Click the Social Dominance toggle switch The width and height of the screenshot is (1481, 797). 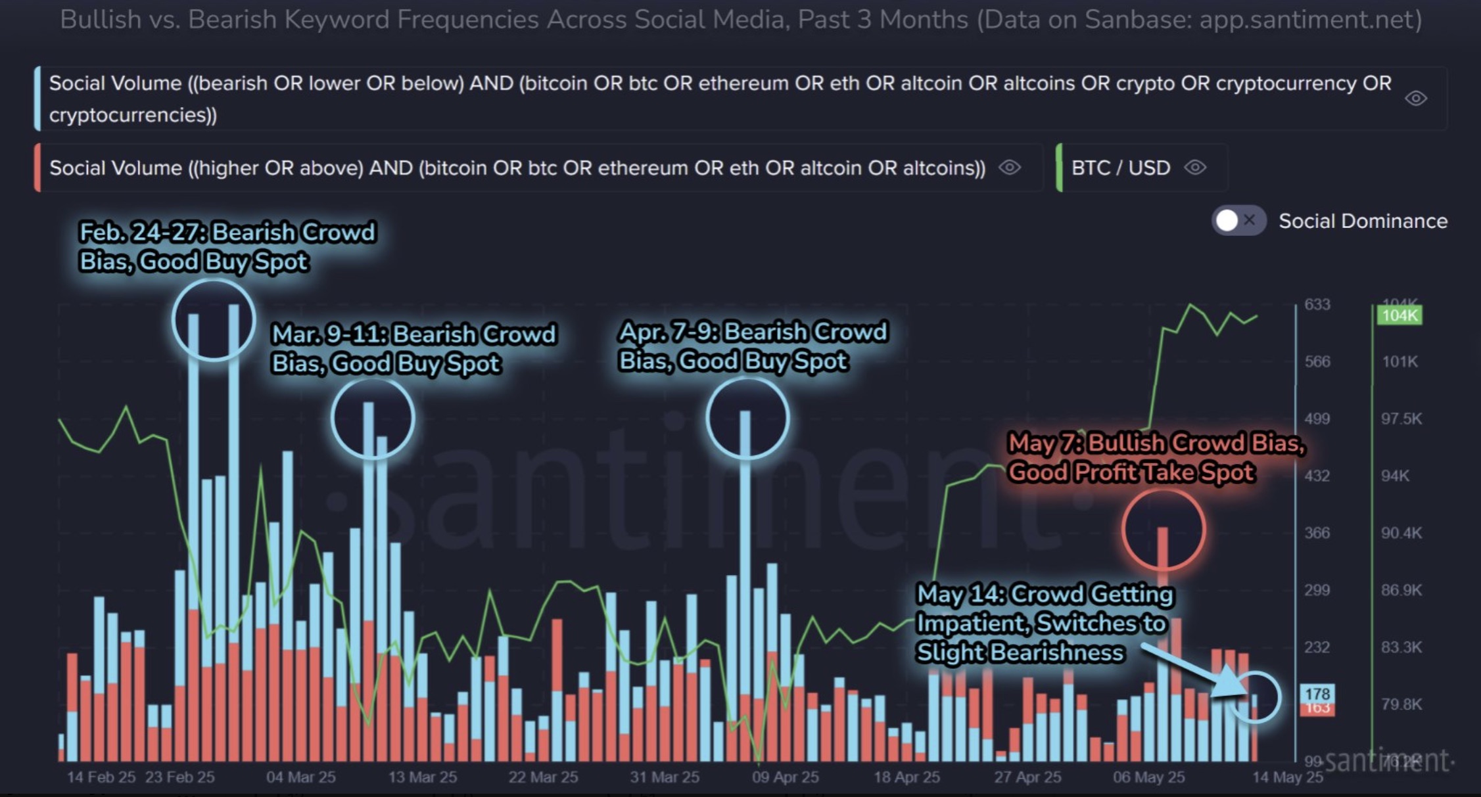point(1237,221)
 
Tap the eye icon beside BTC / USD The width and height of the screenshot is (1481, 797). point(1195,168)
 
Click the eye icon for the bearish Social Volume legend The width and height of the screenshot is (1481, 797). point(1415,99)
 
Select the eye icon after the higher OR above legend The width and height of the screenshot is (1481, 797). point(1010,168)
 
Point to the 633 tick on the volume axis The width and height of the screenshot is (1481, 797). point(1317,305)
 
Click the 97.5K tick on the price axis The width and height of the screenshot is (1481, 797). point(1401,419)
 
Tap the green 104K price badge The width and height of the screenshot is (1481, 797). point(1399,315)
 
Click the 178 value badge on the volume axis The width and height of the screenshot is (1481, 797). point(1317,694)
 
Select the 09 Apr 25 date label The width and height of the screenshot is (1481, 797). point(785,777)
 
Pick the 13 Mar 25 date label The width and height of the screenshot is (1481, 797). point(422,777)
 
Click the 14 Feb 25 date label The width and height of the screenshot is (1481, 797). point(101,777)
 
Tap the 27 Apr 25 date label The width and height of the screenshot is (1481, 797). point(1027,777)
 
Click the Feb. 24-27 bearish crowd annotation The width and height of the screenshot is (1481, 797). point(227,247)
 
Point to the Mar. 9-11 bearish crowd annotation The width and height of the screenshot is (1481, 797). point(413,349)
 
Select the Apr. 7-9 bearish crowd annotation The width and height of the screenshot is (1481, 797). point(753,346)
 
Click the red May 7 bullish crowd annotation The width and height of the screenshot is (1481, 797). point(1156,457)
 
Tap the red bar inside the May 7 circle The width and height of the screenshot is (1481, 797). point(1163,545)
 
